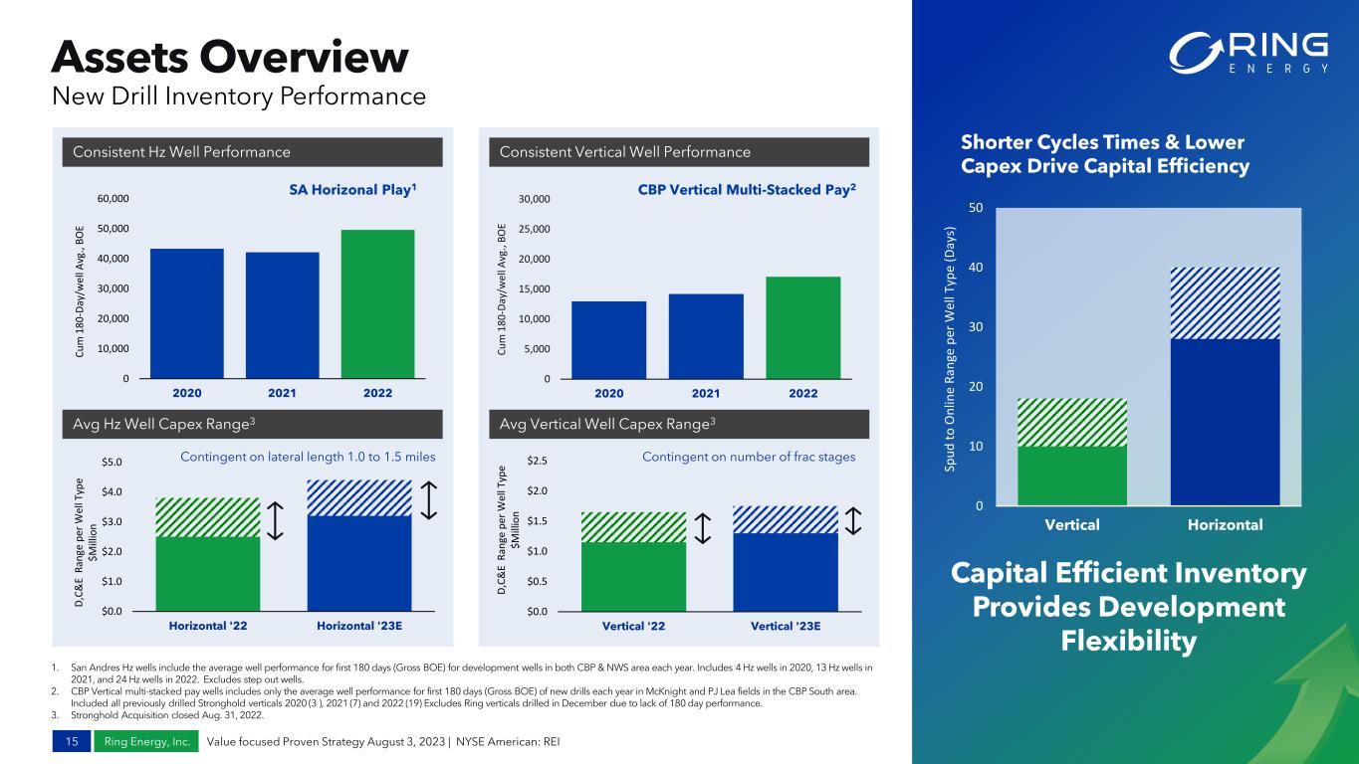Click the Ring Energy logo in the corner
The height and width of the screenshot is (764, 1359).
point(1249,53)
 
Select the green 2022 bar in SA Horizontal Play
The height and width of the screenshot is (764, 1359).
point(377,303)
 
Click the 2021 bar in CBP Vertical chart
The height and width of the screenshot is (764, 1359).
point(706,335)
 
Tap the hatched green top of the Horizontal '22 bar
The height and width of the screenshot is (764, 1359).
point(207,517)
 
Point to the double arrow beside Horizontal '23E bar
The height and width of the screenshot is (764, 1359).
point(430,500)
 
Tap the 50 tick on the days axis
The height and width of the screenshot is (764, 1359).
point(976,208)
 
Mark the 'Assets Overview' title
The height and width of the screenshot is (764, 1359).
point(231,57)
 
